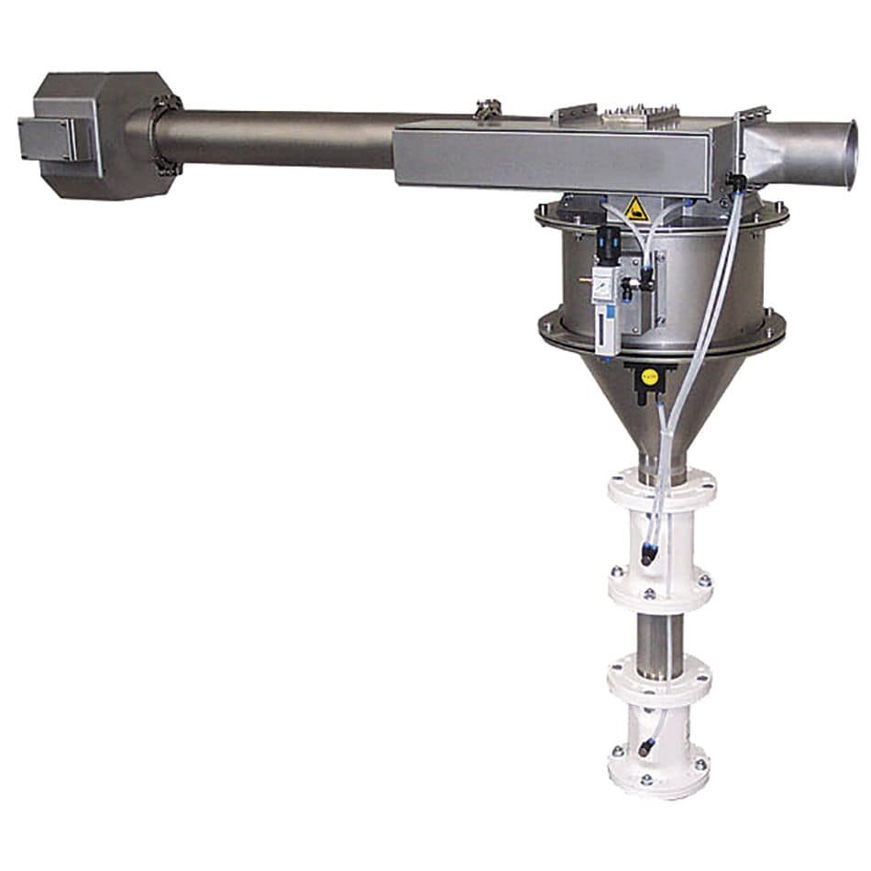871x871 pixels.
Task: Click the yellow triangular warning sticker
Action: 636,209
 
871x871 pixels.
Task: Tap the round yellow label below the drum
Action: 649,376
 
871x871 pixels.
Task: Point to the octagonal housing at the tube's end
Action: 105,135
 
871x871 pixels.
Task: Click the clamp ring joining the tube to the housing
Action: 165,135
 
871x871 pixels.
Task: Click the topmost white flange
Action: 661,483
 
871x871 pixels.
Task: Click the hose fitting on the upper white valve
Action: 649,554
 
